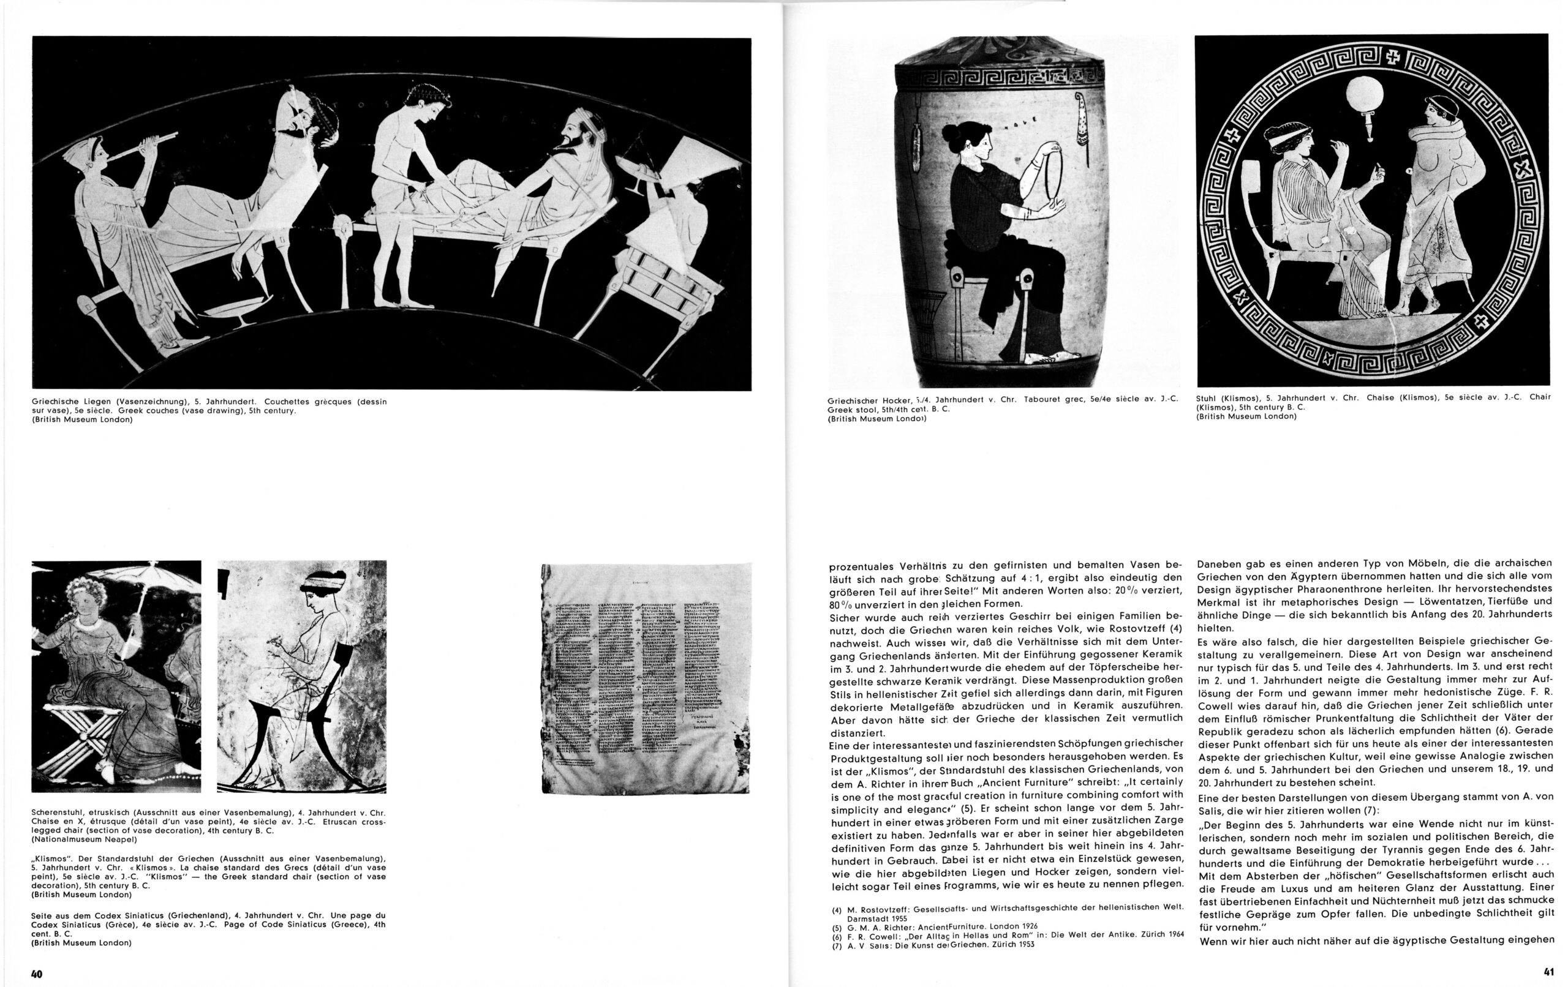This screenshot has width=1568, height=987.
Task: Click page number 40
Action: pyautogui.click(x=37, y=974)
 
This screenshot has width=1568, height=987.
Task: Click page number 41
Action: pyautogui.click(x=1548, y=973)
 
